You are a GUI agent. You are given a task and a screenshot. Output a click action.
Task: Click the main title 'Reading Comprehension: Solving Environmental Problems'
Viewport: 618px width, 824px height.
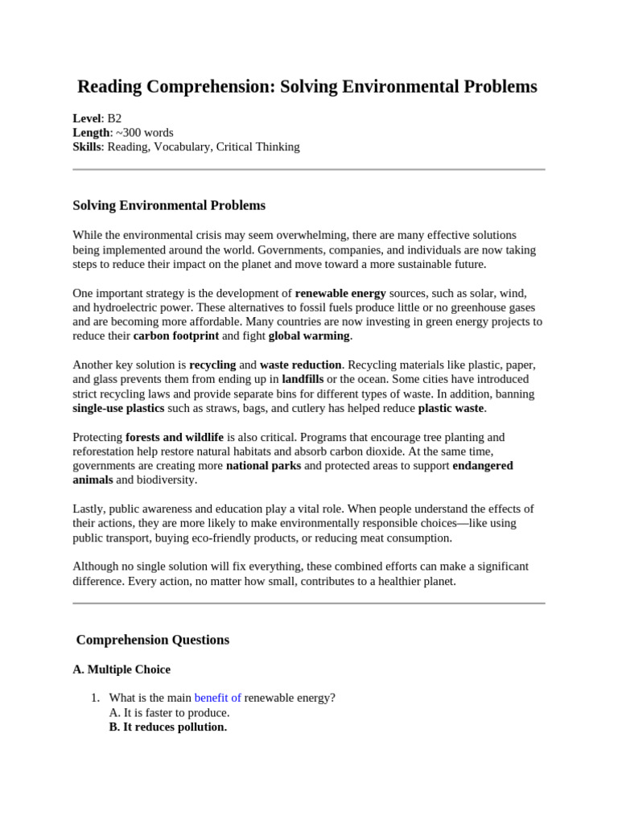[x=307, y=87]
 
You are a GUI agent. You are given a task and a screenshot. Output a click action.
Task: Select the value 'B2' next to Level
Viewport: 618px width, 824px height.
[x=114, y=118]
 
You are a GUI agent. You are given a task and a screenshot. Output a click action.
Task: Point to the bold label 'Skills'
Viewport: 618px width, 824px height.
[x=87, y=147]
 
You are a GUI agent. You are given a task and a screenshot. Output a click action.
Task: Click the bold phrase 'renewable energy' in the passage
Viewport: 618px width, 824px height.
[x=340, y=294]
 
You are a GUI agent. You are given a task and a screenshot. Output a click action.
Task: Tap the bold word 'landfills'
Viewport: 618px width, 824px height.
[x=303, y=379]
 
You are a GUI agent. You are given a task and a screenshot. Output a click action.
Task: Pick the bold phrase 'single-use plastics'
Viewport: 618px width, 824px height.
[x=118, y=408]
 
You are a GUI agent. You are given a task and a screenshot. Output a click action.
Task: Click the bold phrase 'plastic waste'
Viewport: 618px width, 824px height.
[x=451, y=408]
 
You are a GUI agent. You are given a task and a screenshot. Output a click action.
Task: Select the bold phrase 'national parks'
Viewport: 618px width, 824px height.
[x=263, y=466]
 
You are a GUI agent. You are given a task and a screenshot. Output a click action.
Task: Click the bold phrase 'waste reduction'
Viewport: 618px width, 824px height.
[x=301, y=365]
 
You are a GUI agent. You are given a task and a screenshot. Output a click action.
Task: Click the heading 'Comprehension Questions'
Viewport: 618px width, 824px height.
[x=152, y=640]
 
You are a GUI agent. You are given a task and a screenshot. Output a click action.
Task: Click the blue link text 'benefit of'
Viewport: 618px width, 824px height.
[x=217, y=698]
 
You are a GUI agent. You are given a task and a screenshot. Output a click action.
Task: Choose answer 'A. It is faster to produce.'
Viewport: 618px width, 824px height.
[x=169, y=712]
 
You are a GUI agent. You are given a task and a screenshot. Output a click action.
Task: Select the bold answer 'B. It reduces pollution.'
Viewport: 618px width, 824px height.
[x=167, y=727]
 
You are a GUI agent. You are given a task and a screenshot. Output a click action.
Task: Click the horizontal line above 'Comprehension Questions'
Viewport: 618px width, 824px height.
[x=309, y=603]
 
